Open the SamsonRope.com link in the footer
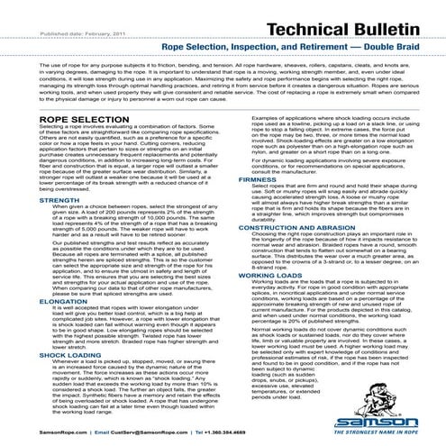coord(28,432)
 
